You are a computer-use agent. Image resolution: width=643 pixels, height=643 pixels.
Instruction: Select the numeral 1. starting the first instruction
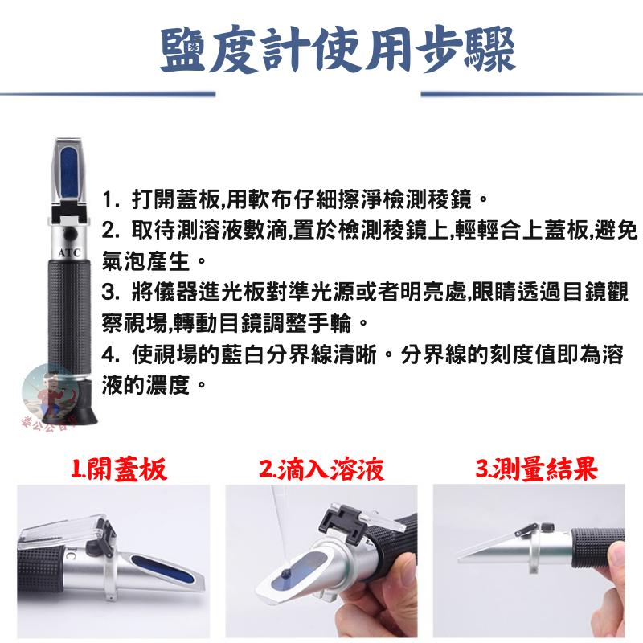[110, 198]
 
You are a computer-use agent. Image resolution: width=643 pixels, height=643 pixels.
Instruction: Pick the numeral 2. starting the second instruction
[110, 231]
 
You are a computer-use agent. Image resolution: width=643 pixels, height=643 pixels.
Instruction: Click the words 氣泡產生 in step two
[149, 262]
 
